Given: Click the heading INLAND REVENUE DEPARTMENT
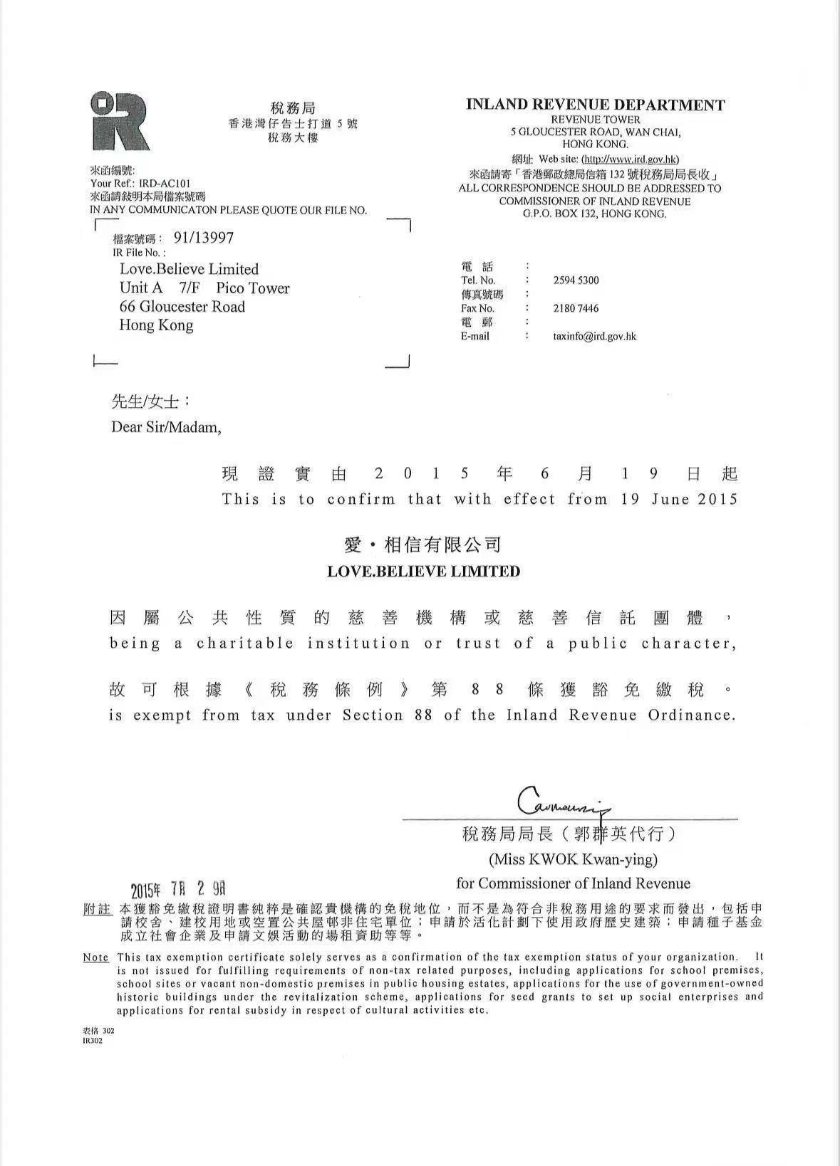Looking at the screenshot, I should point(595,105).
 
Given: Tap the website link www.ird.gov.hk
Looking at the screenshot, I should point(630,159).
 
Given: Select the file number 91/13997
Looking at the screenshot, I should point(204,238).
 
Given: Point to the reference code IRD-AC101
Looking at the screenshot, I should point(165,183).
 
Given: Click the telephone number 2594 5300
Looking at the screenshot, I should point(576,280).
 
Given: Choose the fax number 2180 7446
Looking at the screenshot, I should point(576,308).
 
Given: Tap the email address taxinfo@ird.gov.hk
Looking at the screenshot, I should point(594,336).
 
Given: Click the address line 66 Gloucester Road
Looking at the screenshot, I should point(182,307).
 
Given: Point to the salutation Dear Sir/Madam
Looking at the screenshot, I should point(166,427).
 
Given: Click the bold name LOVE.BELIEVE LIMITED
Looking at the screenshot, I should point(423,571).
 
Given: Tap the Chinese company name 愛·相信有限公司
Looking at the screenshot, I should point(423,545).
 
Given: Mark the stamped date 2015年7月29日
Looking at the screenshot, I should point(178,889).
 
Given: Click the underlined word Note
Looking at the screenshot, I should point(96,957).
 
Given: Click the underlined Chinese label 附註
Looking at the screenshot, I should point(97,910).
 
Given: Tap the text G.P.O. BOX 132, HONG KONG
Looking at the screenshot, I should point(594,214).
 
